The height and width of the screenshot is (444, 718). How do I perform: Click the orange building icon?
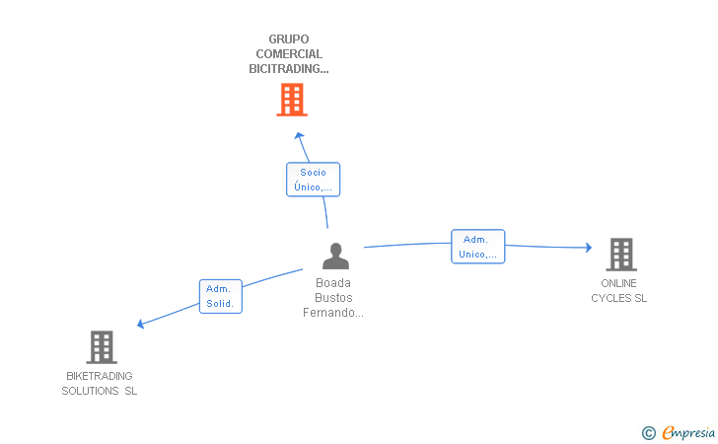pyautogui.click(x=292, y=100)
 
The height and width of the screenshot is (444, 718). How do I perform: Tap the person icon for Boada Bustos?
pyautogui.click(x=335, y=256)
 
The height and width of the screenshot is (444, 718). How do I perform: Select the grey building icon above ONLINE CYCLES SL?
pyautogui.click(x=621, y=255)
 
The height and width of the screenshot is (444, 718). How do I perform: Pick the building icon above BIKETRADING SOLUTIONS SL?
pyautogui.click(x=102, y=347)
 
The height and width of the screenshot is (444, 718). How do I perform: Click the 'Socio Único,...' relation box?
pyautogui.click(x=314, y=180)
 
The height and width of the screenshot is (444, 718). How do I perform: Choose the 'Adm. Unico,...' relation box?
pyautogui.click(x=478, y=247)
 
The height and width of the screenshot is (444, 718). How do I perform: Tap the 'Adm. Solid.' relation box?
pyautogui.click(x=221, y=296)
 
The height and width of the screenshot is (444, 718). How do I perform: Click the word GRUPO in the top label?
pyautogui.click(x=289, y=39)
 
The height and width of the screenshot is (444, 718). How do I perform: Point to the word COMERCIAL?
pyautogui.click(x=289, y=54)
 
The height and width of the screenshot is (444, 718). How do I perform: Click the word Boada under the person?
pyautogui.click(x=333, y=283)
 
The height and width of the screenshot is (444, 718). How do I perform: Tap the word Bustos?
pyautogui.click(x=333, y=298)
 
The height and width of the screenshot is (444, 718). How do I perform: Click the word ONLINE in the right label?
pyautogui.click(x=618, y=283)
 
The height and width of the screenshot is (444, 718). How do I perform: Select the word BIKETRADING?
pyautogui.click(x=100, y=376)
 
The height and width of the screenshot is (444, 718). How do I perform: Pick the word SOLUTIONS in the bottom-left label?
pyautogui.click(x=90, y=391)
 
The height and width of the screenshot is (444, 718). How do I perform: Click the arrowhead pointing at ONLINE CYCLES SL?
pyautogui.click(x=589, y=248)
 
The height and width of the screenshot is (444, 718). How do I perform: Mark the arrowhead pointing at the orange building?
pyautogui.click(x=299, y=135)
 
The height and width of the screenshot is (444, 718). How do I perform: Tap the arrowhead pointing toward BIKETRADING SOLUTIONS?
pyautogui.click(x=141, y=324)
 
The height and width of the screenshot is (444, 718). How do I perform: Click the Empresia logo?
pyautogui.click(x=679, y=432)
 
